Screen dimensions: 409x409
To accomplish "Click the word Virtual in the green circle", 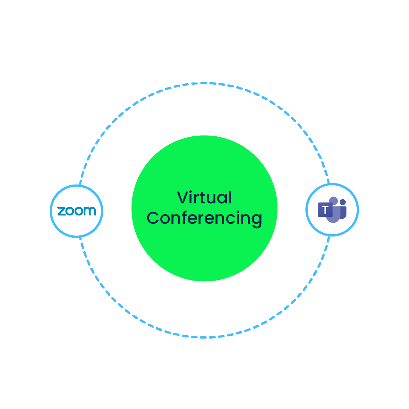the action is pos(204,197).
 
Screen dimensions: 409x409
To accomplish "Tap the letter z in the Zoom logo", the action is pos(61,211).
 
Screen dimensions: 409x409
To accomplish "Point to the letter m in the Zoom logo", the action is pos(90,211).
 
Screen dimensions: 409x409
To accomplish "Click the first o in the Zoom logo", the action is pos(70,211).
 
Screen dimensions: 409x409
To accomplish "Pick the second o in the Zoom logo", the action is pos(78,211).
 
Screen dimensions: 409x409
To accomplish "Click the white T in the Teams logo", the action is pos(325,210).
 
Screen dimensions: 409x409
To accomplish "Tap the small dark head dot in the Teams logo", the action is pos(343,202).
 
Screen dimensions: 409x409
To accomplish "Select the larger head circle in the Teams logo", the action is pos(334,201).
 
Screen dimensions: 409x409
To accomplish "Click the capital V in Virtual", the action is pos(183,197).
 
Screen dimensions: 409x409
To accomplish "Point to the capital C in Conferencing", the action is pos(153,218).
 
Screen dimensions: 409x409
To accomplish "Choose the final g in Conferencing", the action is pos(257,220).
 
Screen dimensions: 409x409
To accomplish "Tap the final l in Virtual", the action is pos(230,197).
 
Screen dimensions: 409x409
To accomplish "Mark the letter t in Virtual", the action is pos(202,198).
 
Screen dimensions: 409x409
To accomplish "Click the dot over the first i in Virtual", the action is pos(191,192).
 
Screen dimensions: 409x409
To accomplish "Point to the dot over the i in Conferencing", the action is pos(238,212).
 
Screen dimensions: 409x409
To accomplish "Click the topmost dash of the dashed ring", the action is pos(203,84).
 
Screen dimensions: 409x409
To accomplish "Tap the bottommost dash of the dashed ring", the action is pos(203,337).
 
